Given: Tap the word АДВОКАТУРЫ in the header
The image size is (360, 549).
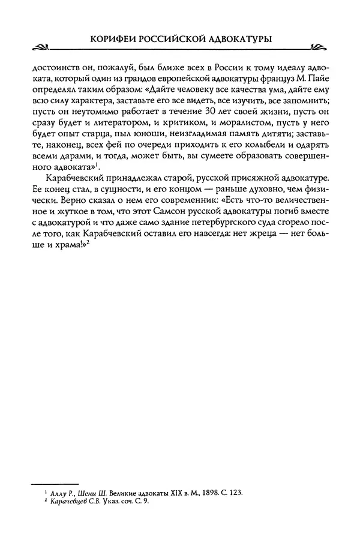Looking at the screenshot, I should [x=243, y=37].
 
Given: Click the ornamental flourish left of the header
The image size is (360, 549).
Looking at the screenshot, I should [x=45, y=46].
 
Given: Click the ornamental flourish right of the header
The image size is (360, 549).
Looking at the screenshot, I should [x=314, y=46].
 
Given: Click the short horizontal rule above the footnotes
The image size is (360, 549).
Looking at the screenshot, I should [x=55, y=483].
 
